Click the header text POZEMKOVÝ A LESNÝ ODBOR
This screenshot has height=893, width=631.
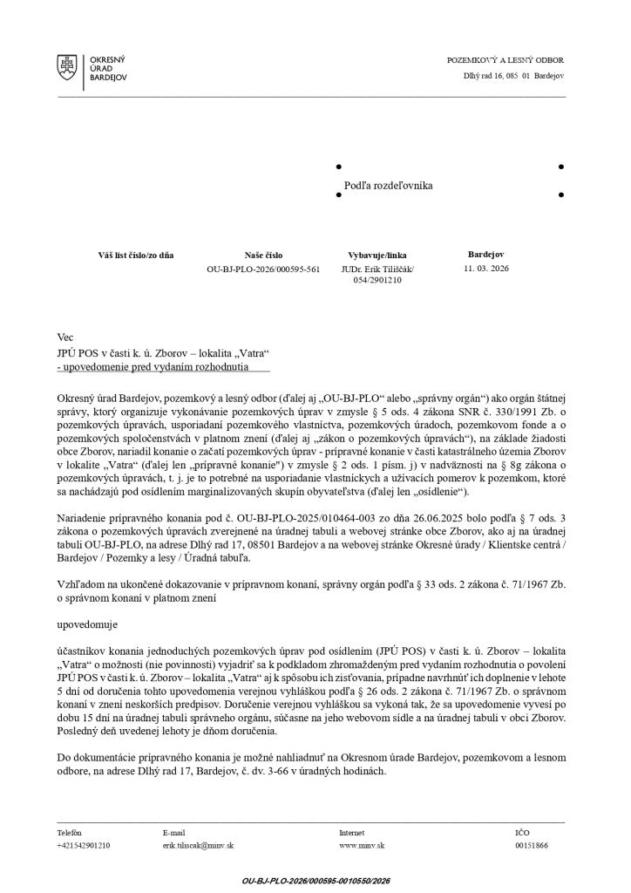pos(505,60)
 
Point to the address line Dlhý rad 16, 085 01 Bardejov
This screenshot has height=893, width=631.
pos(513,76)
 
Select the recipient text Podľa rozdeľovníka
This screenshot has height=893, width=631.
pos(389,186)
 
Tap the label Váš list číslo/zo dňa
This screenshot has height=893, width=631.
pos(136,256)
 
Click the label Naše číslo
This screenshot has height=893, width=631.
pos(263,256)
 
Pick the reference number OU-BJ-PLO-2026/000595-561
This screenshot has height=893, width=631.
pos(263,269)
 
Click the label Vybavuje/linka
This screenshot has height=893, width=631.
pos(377,256)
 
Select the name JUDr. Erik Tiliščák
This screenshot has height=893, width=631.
pos(377,269)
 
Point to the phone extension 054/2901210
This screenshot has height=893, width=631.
pos(377,281)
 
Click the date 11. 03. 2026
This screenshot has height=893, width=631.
pos(486,269)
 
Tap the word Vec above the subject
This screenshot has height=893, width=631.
pos(64,337)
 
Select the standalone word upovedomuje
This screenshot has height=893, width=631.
pos(86,625)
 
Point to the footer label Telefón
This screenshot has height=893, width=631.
pos(71,833)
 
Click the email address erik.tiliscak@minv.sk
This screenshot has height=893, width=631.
pos(198,845)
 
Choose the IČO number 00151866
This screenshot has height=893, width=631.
pos(532,845)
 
